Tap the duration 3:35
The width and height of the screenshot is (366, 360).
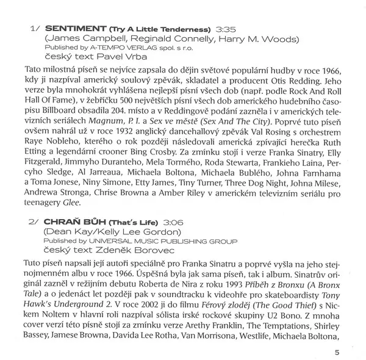click(x=226, y=29)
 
